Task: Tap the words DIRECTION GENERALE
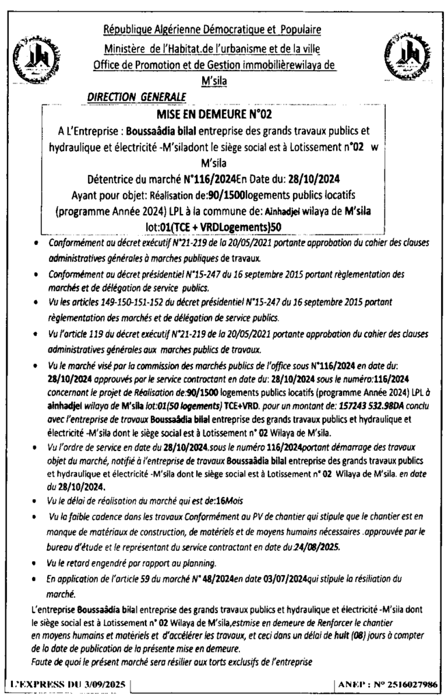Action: (x=128, y=98)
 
